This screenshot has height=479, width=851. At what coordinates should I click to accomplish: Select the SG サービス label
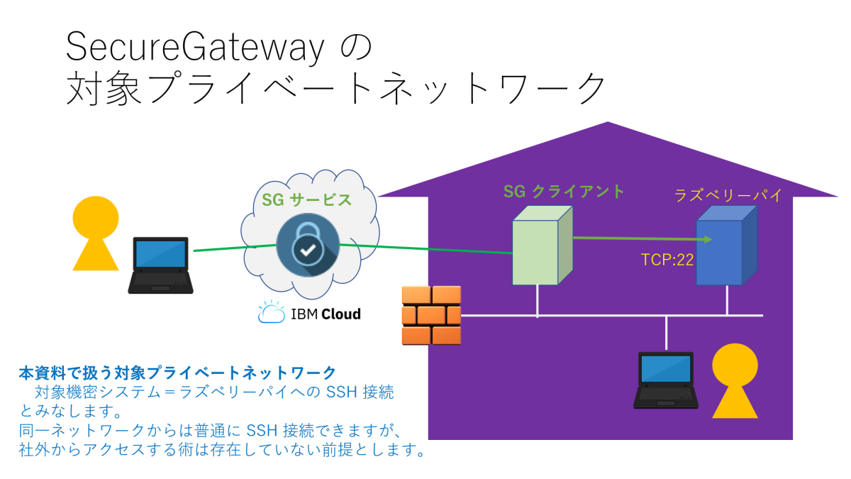pos(306,199)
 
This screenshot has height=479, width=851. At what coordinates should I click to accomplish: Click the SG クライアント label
pos(564,191)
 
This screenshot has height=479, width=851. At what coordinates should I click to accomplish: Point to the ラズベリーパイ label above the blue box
pos(728,196)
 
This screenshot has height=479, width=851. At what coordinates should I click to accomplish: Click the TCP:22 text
pos(667,260)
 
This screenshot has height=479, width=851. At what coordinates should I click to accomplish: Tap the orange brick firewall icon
pos(431,315)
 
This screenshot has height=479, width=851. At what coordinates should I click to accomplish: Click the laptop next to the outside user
pos(160,265)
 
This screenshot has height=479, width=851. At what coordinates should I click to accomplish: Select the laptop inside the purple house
pos(665,380)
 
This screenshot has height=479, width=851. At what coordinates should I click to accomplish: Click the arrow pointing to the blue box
pos(642,239)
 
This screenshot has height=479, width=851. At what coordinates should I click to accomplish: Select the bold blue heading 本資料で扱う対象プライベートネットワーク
pos(177,372)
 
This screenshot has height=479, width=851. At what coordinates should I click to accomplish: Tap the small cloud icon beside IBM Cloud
pos(271,312)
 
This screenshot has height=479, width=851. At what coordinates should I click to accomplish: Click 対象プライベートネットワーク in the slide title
pos(337,89)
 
